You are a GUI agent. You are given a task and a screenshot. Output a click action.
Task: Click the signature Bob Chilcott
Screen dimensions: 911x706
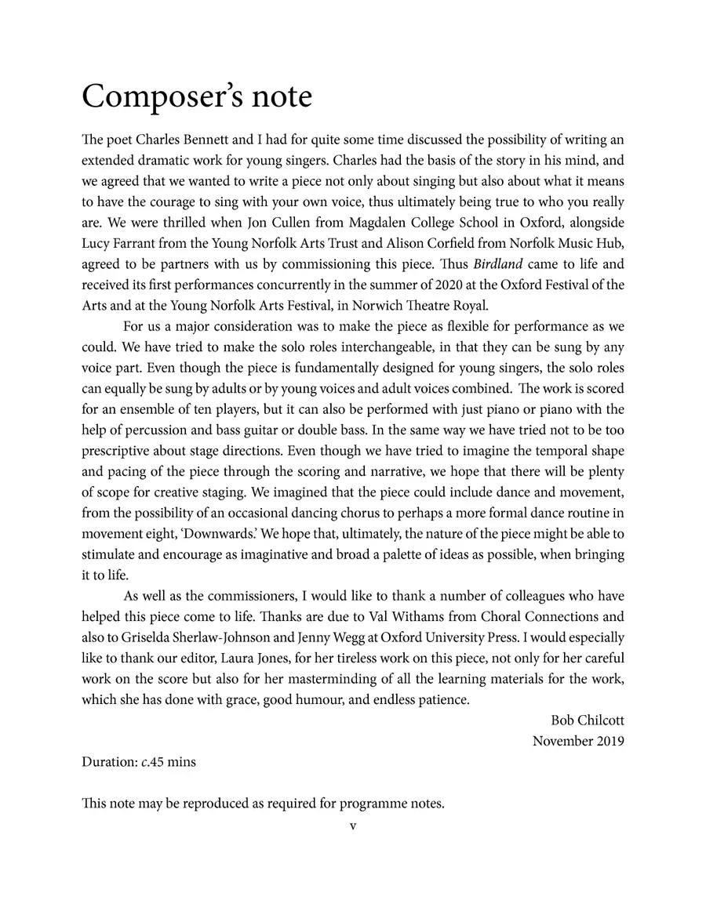pyautogui.click(x=588, y=720)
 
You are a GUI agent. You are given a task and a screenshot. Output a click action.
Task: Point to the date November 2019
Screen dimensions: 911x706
pyautogui.click(x=578, y=741)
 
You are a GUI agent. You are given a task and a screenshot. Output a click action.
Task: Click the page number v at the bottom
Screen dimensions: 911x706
pyautogui.click(x=353, y=826)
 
